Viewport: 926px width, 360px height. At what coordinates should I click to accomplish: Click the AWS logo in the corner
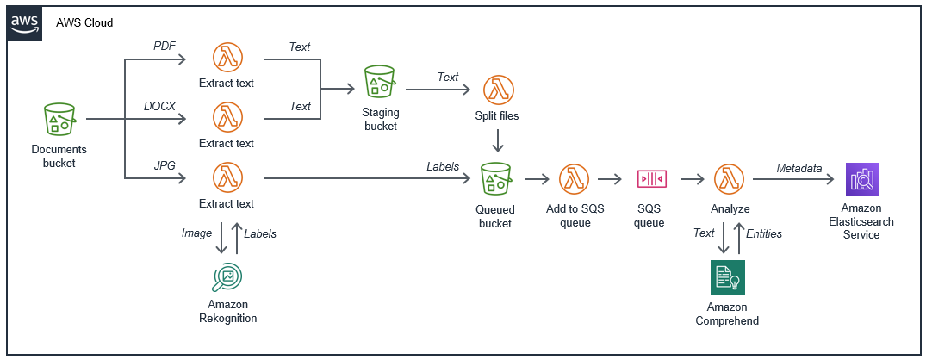[x=23, y=23]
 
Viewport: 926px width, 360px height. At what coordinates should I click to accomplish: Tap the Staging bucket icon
[x=380, y=82]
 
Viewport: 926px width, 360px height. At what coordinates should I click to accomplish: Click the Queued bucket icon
[x=495, y=179]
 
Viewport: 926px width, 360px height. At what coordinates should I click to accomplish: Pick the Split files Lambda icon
[x=496, y=90]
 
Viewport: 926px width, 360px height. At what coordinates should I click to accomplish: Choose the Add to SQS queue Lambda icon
[x=574, y=179]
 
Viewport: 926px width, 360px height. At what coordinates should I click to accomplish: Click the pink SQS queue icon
[x=649, y=179]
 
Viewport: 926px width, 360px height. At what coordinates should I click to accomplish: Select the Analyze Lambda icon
[x=730, y=179]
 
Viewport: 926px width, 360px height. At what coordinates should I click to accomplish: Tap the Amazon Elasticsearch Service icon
[x=861, y=179]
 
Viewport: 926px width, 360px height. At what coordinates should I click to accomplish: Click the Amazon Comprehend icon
[x=727, y=277]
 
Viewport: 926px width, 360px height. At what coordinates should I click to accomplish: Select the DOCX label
[x=159, y=105]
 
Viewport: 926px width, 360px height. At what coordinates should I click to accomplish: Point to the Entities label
[x=763, y=233]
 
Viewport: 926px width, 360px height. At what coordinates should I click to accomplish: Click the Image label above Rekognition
[x=197, y=233]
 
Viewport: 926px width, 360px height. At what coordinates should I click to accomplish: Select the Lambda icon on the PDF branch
[x=227, y=59]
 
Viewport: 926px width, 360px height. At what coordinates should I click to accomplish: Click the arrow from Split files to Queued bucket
[x=496, y=140]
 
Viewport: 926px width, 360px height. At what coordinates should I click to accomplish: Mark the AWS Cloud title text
[x=84, y=22]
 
